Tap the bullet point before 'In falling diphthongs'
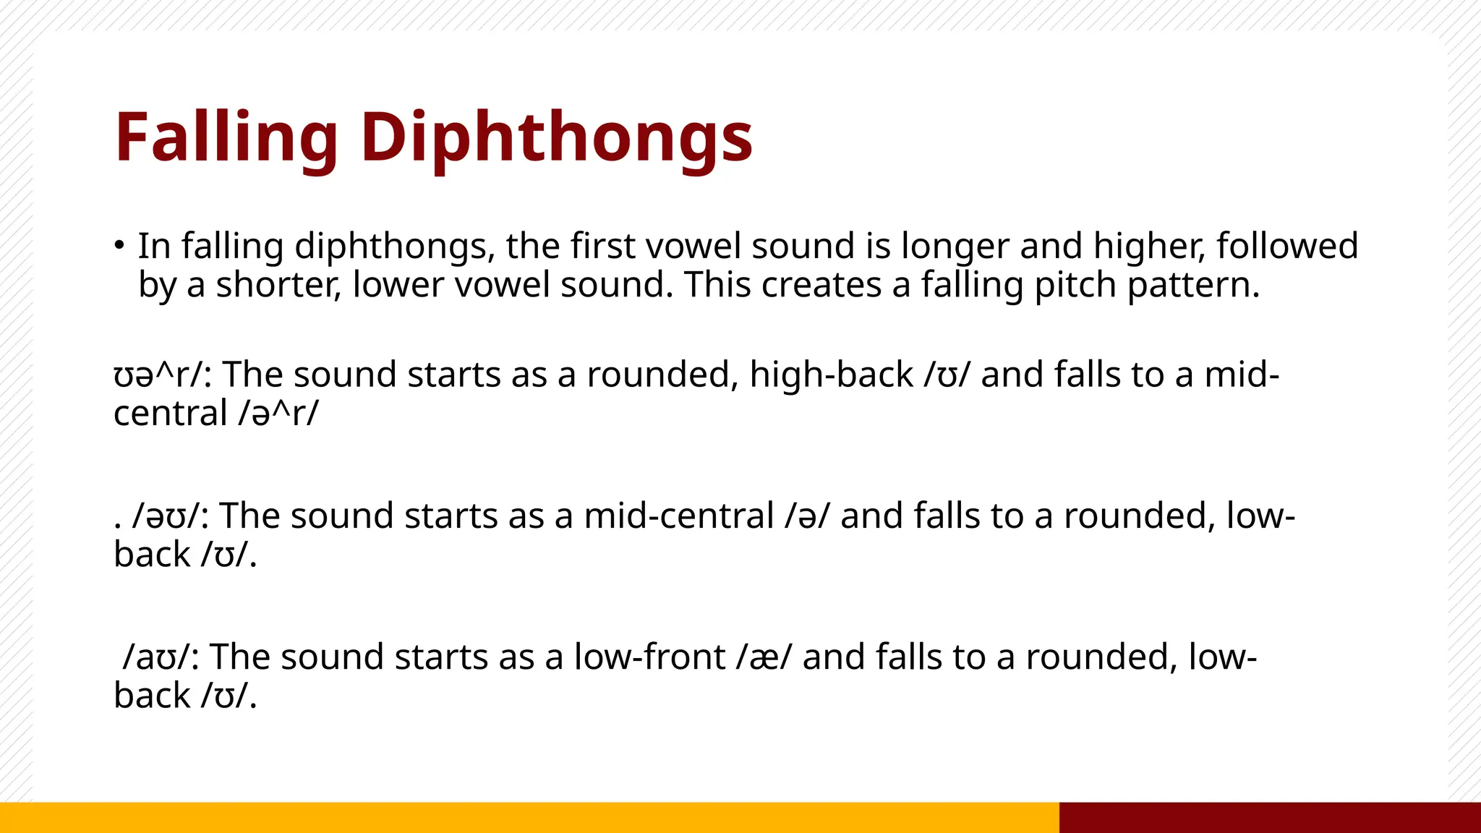click(119, 244)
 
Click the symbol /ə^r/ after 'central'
click(278, 414)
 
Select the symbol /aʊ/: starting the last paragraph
click(162, 657)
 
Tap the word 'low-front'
click(649, 657)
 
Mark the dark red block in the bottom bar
click(1270, 817)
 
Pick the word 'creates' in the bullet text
click(821, 285)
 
